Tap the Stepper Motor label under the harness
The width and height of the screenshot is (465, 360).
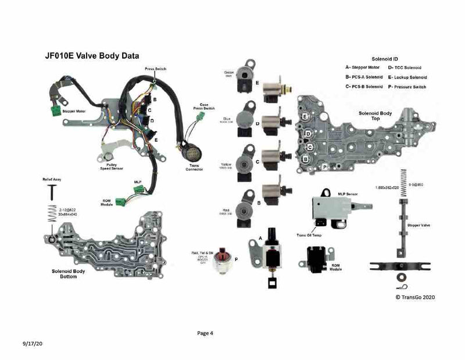click(x=73, y=111)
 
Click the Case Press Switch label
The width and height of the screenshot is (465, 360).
click(x=208, y=106)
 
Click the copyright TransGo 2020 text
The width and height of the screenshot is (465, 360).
click(x=415, y=297)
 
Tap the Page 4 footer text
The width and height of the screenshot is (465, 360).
click(x=206, y=333)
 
